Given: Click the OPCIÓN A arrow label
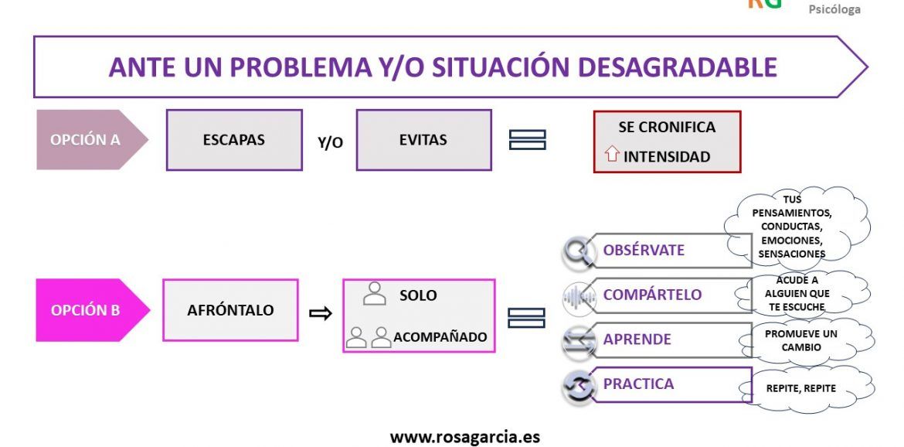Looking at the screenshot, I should coord(87,140).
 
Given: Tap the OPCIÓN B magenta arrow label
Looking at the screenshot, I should coord(87,310).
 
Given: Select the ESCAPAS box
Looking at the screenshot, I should coord(234,140).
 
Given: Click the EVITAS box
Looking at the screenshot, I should coord(423,140).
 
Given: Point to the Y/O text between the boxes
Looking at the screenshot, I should coord(331,143).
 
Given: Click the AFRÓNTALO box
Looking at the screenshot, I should coord(230,310).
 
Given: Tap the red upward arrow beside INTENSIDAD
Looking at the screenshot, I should coord(611,155).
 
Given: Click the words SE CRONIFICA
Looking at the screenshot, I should coord(667,127).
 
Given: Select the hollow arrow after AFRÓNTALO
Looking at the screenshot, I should coord(320,313).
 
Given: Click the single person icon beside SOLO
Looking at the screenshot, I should coord(375,294).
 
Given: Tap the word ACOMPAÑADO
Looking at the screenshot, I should coord(440,337).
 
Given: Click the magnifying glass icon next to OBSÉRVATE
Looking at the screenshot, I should coord(577,251).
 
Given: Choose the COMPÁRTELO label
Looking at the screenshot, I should coord(652,295).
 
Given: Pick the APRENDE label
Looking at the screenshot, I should coord(637,340).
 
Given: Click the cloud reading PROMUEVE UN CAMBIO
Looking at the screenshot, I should coord(800,340).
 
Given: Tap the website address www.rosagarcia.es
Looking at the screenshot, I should coord(464,437).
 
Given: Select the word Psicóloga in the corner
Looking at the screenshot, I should coord(834,10).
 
